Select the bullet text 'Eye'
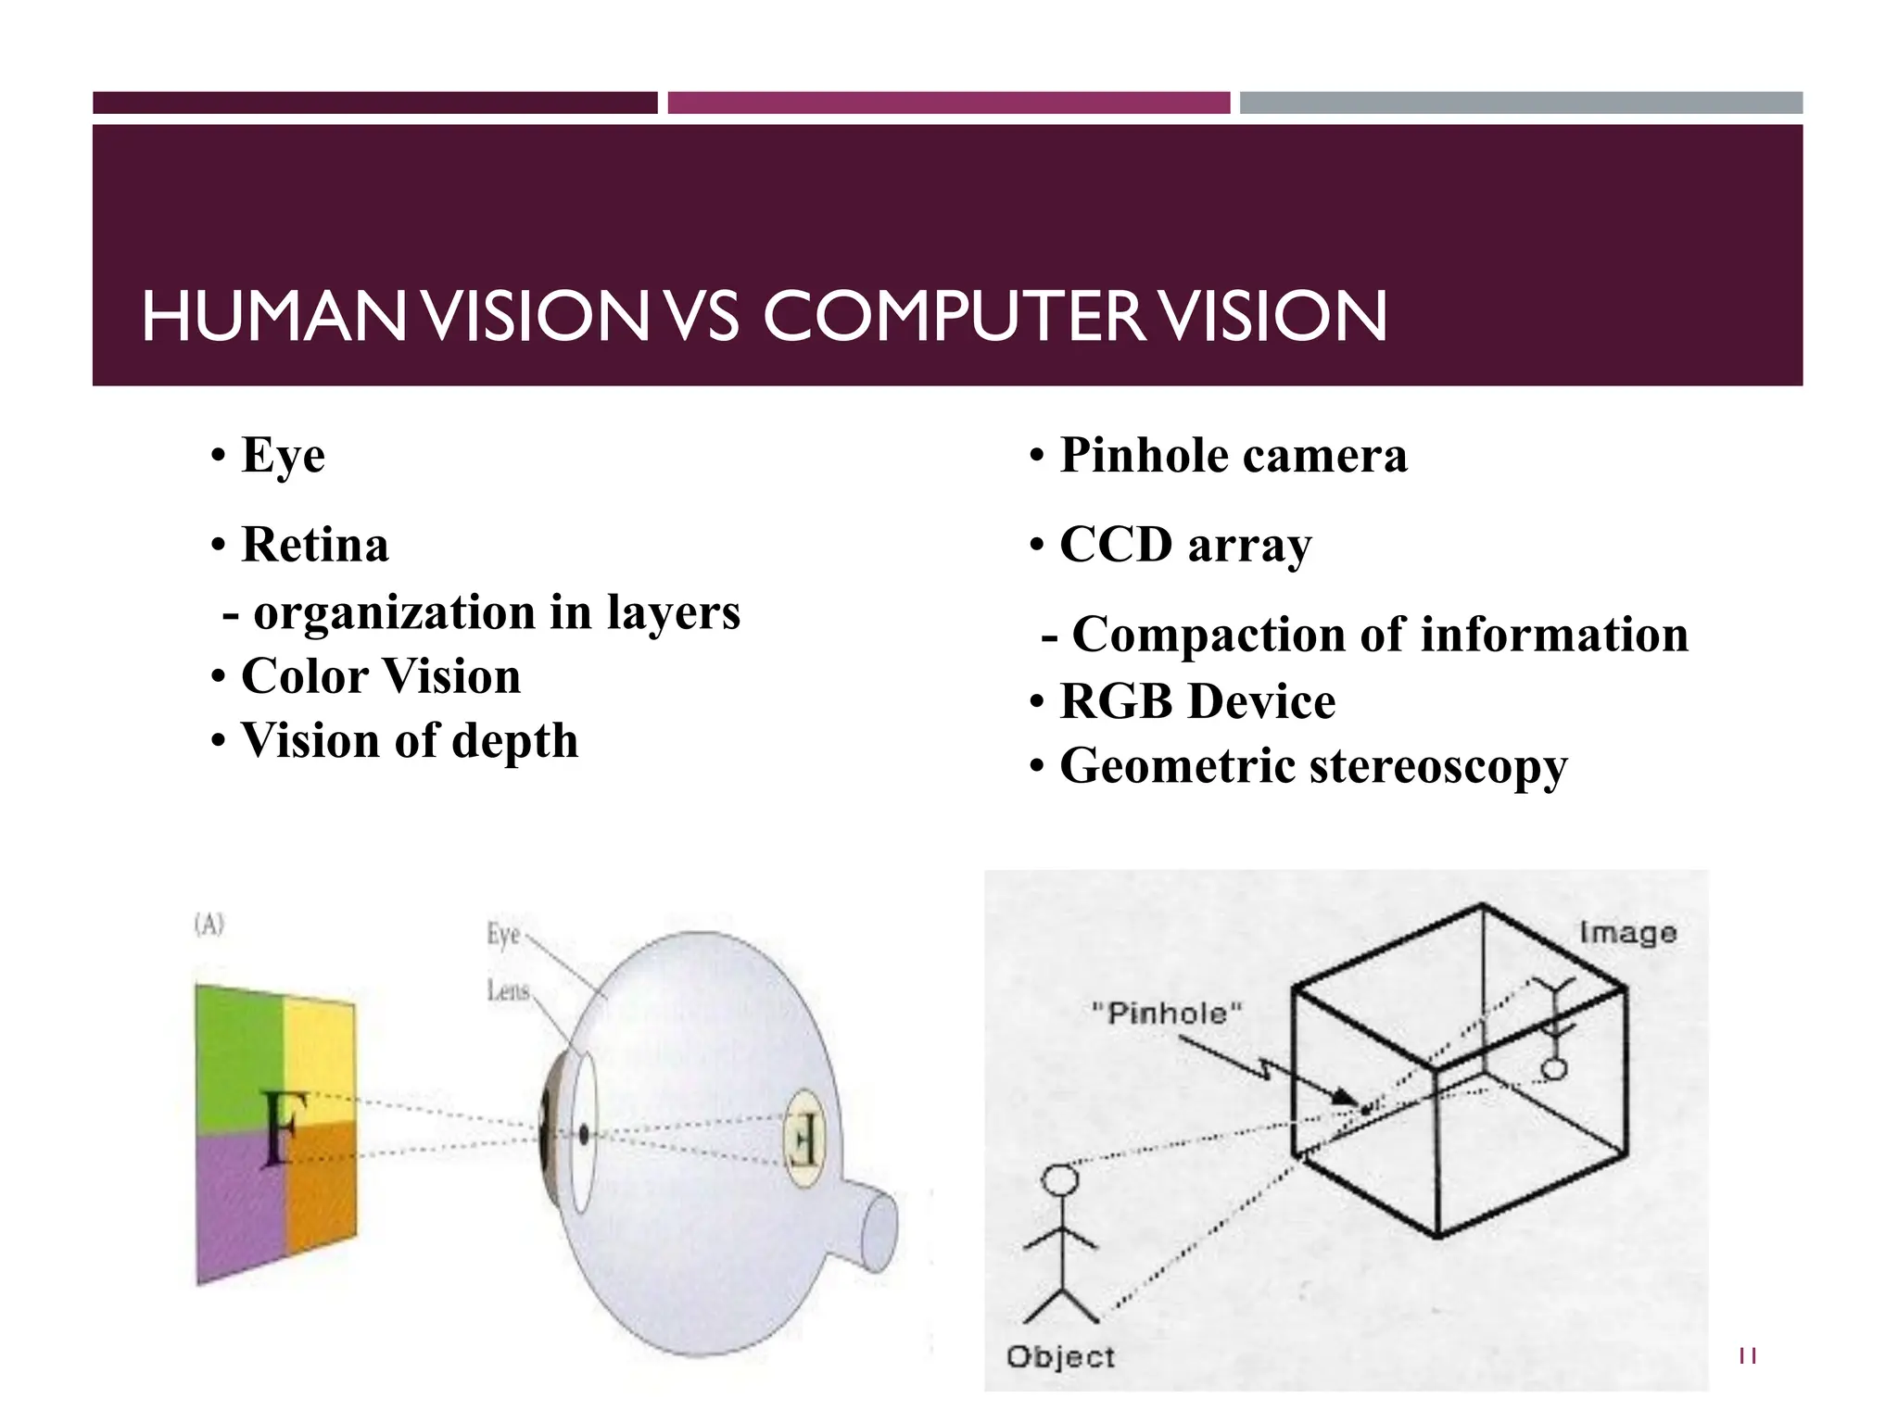pos(283,456)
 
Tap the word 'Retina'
pos(314,545)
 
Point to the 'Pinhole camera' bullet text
pos(1233,456)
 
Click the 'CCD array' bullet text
pos(1185,545)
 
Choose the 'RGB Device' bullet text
pos(1197,701)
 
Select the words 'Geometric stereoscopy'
pos(1313,766)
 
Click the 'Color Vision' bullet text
pos(380,676)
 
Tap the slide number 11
pos(1748,1356)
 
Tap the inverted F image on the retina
pos(802,1139)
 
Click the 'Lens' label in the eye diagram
pos(508,992)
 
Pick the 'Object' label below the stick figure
pos(1060,1357)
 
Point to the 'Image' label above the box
pos(1627,933)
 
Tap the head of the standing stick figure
pos(1060,1179)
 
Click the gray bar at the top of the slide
pos(1521,103)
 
